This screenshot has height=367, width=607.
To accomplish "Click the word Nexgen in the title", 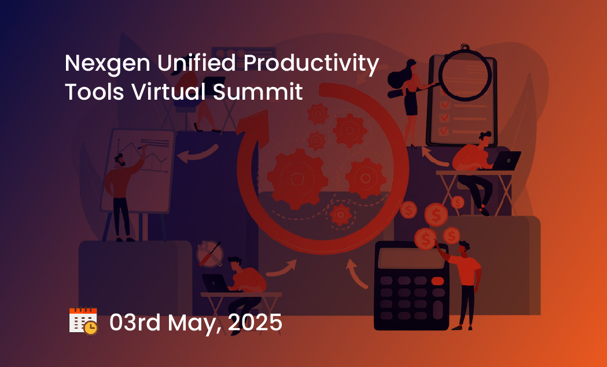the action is [107, 64].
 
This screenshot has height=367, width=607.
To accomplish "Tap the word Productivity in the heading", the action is [311, 64].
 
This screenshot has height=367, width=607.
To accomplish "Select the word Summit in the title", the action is [258, 92].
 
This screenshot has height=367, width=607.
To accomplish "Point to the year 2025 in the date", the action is [255, 323].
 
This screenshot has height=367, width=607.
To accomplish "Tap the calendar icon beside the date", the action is [83, 321].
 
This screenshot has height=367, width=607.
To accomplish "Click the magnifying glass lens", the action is [465, 75].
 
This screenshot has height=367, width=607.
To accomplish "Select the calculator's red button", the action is [437, 281].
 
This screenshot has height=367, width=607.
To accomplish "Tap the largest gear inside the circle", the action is [297, 179].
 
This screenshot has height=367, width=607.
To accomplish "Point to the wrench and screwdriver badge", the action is [210, 254].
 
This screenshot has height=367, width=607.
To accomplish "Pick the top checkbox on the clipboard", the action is [444, 104].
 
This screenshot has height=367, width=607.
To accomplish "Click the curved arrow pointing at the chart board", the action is [197, 154].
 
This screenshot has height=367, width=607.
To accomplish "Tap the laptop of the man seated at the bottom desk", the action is [215, 283].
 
